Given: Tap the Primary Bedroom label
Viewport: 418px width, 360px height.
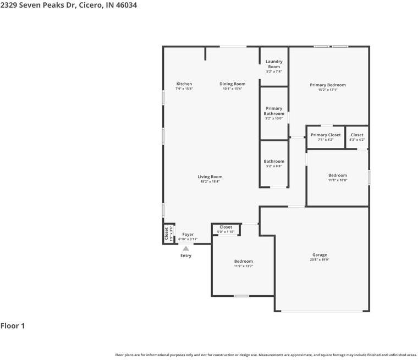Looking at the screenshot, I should point(328,85).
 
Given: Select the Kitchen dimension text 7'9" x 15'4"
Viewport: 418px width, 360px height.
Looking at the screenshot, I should point(184,88).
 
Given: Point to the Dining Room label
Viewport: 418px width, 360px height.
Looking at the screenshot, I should point(232,84).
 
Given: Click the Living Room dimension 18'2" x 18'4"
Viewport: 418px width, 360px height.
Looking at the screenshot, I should point(210,181).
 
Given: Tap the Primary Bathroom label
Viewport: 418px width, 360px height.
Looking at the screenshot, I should point(274,111).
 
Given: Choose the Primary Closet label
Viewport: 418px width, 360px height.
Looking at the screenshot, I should point(326,135).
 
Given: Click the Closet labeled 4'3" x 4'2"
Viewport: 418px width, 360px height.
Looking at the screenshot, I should point(357,135).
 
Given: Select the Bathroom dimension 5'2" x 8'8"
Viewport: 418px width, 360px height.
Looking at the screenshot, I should point(274,166).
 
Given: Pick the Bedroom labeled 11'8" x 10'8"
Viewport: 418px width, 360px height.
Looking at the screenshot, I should point(338,175).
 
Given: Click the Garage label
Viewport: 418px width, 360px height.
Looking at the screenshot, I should point(320,254).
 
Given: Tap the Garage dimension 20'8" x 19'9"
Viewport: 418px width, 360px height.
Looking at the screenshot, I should point(320,259).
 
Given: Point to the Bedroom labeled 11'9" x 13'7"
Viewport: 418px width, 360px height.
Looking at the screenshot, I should point(243,261).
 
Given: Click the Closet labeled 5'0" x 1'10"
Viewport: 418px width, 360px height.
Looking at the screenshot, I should point(226,227).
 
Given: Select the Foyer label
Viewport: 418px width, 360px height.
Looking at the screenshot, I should point(188,235).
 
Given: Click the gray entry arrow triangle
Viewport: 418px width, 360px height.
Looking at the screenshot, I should point(186,248).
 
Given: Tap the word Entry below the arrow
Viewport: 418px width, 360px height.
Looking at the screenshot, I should point(186,256).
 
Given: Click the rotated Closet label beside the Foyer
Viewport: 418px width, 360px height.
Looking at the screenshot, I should point(166,234).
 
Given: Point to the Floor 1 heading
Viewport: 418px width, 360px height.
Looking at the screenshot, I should point(13,326).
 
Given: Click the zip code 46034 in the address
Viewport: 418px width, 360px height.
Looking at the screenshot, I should point(125,5).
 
